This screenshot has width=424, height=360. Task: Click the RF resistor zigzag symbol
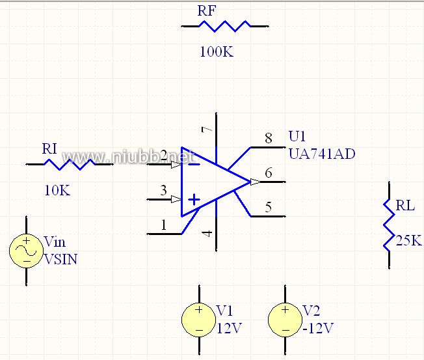tap(224, 26)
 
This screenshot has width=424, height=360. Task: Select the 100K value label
tap(216, 52)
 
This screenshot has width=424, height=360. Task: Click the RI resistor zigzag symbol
tap(69, 165)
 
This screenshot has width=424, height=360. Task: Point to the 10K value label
tap(57, 190)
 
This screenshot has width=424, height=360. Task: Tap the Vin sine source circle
tap(26, 251)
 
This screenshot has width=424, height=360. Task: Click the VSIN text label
tap(60, 259)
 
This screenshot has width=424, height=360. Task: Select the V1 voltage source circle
tap(198, 319)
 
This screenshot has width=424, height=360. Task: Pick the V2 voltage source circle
tap(285, 319)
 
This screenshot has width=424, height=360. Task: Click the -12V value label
tap(318, 327)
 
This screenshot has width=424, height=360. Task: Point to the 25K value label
tap(408, 241)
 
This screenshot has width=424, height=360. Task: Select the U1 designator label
tap(297, 137)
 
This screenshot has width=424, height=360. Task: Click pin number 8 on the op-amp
tap(269, 138)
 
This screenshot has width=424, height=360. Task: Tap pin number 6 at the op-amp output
tap(269, 173)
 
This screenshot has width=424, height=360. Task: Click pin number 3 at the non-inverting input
tap(164, 190)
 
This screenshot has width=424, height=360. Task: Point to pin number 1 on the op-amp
tap(164, 225)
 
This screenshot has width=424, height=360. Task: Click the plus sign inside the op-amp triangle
tap(194, 199)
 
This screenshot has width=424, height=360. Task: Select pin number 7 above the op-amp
tap(207, 130)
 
